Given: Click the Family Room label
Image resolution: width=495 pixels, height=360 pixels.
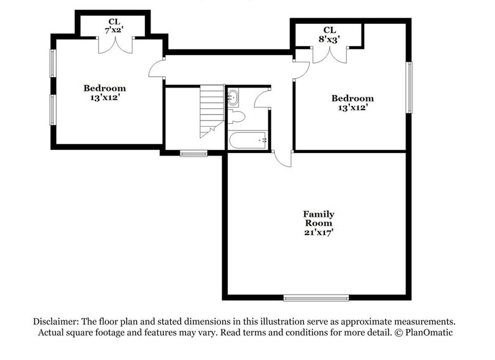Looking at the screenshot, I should pyautogui.click(x=319, y=219).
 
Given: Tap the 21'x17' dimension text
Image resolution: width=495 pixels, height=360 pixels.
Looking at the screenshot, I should pyautogui.click(x=319, y=233).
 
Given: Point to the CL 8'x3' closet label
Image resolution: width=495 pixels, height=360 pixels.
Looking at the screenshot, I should pyautogui.click(x=329, y=34).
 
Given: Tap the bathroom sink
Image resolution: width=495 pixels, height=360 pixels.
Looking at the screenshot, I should pyautogui.click(x=234, y=97).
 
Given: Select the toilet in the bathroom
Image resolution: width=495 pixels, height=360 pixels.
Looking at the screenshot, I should pyautogui.click(x=236, y=116).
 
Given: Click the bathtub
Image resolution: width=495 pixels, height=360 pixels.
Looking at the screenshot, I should pyautogui.click(x=247, y=140).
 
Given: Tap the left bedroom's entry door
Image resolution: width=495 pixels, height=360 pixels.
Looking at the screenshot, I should pyautogui.click(x=157, y=68).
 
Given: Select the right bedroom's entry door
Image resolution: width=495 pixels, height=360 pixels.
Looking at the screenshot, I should pyautogui.click(x=300, y=70).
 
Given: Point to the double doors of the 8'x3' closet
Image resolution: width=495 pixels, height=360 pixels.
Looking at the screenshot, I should pyautogui.click(x=329, y=54).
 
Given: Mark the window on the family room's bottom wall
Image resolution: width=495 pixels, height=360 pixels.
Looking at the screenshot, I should pyautogui.click(x=316, y=298).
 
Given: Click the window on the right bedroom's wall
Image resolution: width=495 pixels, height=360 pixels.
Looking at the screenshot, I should pyautogui.click(x=409, y=87).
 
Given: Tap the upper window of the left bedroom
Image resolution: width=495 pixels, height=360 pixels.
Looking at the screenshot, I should pyautogui.click(x=53, y=62).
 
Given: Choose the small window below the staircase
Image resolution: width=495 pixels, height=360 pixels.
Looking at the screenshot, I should pyautogui.click(x=193, y=153).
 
